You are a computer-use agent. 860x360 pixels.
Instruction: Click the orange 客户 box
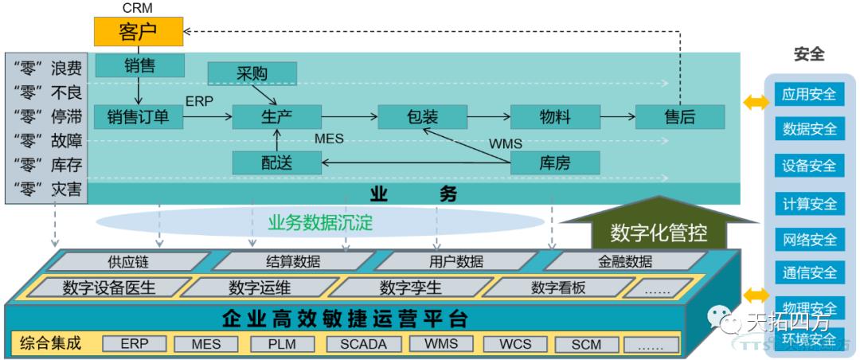point(137,32)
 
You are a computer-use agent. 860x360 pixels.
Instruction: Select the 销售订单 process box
point(138,117)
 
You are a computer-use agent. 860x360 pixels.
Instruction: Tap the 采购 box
point(252,74)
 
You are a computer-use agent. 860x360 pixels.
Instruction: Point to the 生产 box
point(276,117)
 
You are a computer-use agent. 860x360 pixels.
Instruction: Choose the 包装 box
point(421,117)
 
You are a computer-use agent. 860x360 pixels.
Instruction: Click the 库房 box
point(554,163)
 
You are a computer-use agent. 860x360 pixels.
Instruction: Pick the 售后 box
point(679,117)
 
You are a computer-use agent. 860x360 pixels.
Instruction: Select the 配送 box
point(276,163)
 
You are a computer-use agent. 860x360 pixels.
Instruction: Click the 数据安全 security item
point(809,129)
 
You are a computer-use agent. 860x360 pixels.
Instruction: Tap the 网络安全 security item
point(809,239)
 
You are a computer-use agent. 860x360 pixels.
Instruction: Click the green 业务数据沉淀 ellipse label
point(320,223)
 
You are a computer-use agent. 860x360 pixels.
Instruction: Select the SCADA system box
point(363,345)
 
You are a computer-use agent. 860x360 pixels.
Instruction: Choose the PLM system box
point(283,345)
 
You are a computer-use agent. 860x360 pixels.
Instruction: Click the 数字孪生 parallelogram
point(409,288)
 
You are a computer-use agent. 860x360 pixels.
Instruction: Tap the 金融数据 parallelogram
point(625,261)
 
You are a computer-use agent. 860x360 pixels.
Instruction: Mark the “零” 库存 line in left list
point(48,165)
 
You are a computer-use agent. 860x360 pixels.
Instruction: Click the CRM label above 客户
point(137,8)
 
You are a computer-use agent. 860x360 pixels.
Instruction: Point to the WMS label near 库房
point(505,143)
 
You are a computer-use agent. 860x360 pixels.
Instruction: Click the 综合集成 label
point(52,344)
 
